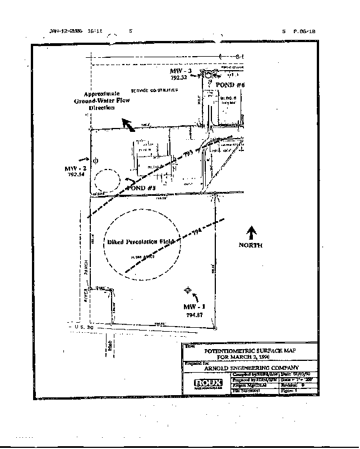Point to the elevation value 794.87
(194, 315)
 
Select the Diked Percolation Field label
(141, 243)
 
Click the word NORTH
(251, 245)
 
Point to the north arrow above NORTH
(251, 232)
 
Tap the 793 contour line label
(188, 153)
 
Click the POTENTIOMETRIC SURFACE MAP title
(250, 350)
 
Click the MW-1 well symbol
(188, 291)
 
